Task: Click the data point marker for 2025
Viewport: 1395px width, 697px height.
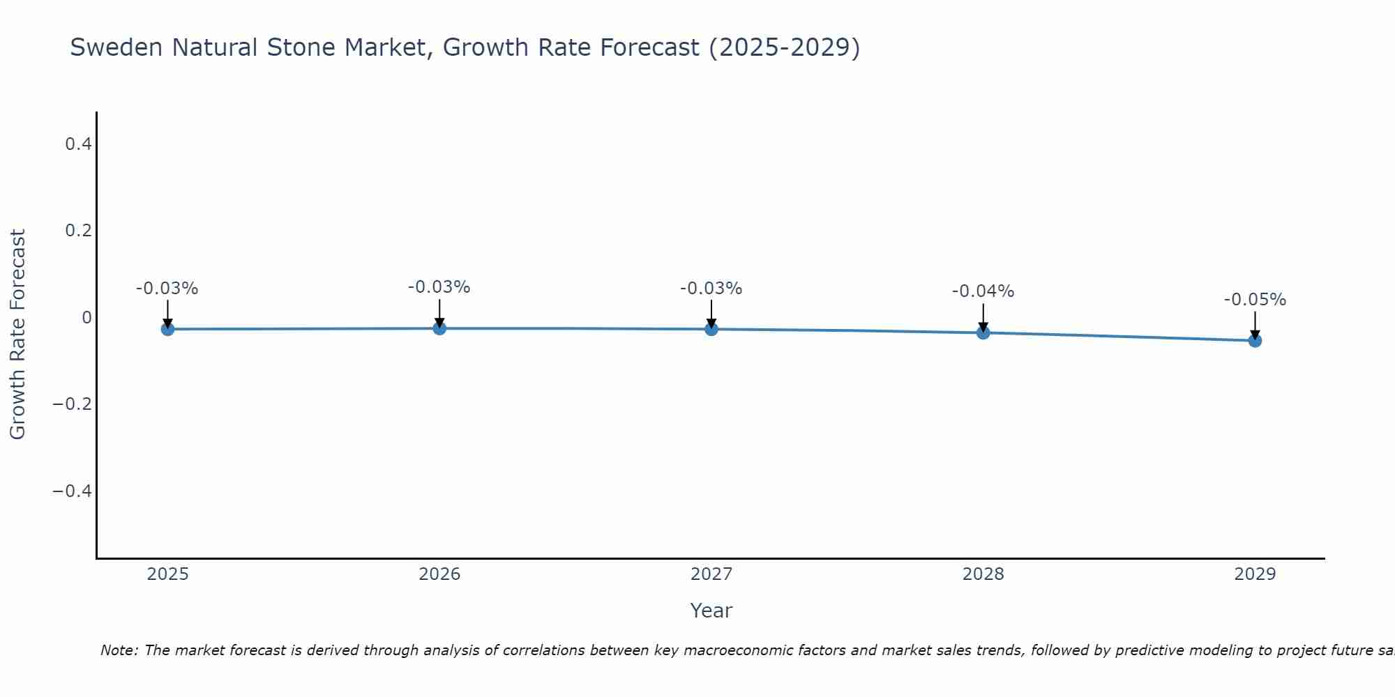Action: coord(167,329)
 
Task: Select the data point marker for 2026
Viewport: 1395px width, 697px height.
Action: coord(439,328)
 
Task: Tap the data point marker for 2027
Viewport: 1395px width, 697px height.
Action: coord(711,329)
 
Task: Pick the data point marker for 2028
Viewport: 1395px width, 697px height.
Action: coord(983,332)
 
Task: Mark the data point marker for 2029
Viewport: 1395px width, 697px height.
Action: coord(1255,341)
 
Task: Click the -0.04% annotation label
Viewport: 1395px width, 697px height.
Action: coord(983,291)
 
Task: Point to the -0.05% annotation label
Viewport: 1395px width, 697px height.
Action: coord(1255,300)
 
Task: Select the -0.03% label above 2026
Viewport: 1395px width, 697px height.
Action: coord(439,287)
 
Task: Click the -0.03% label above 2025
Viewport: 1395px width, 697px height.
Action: coord(167,289)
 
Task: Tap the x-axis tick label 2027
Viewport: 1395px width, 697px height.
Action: coord(711,574)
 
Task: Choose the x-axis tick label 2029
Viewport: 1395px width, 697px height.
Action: coord(1255,574)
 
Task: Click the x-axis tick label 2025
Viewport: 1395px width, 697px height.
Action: coord(167,574)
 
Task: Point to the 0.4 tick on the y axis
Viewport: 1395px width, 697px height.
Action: coord(78,144)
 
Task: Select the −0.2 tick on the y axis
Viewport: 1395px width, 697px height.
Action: coord(72,404)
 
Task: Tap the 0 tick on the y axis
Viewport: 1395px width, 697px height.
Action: coord(86,318)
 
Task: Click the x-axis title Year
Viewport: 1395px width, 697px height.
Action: coord(711,611)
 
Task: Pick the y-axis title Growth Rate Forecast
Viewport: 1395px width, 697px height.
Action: coord(17,335)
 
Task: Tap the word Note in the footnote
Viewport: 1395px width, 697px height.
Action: coord(119,650)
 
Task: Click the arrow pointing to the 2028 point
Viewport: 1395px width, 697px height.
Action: coord(983,317)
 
